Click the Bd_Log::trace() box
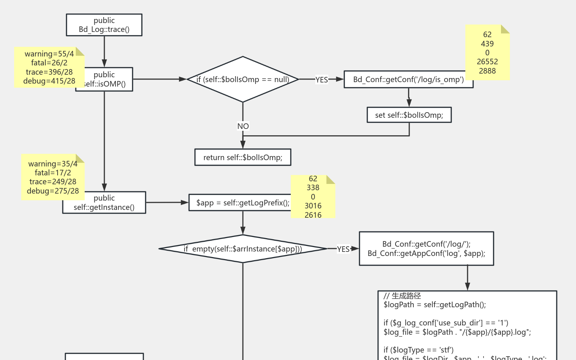click(x=104, y=25)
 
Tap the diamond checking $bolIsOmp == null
click(x=243, y=79)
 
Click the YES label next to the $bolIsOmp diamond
click(x=322, y=80)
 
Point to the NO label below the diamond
click(x=243, y=126)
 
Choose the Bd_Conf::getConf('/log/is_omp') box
click(x=408, y=80)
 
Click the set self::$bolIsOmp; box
click(x=409, y=115)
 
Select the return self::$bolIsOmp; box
click(x=243, y=157)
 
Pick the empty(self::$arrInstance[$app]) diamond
click(x=243, y=249)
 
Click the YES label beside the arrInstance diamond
click(x=343, y=249)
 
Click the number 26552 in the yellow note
click(x=487, y=62)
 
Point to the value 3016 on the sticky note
click(x=313, y=206)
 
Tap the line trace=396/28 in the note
click(x=49, y=72)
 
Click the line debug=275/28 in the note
click(x=53, y=191)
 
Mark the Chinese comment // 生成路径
click(x=402, y=296)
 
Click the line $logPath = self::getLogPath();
click(x=435, y=305)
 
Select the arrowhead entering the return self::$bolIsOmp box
click(x=243, y=145)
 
